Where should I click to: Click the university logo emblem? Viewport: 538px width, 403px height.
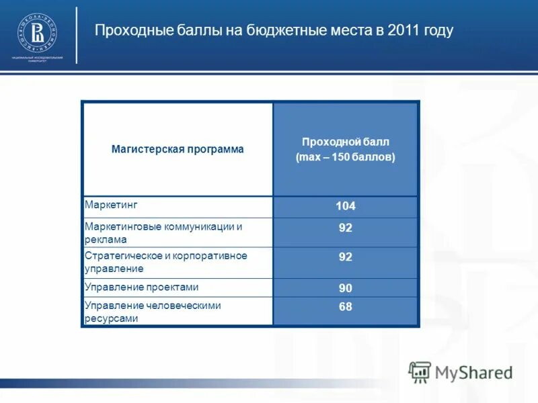coord(37,32)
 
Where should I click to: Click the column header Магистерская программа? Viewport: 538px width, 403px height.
coord(178,149)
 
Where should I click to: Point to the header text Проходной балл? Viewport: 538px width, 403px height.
coord(345,142)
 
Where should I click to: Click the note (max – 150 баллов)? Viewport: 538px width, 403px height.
coord(345,157)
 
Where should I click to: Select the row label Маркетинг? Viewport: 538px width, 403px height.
coord(105,204)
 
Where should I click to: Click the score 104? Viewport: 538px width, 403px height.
coord(345,206)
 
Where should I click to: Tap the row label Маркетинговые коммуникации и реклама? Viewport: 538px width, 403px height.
coord(163,232)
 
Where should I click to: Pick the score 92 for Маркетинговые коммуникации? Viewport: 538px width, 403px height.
coord(345,228)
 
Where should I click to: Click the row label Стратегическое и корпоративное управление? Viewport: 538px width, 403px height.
coord(165,262)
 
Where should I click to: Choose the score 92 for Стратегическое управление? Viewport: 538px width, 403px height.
coord(345,257)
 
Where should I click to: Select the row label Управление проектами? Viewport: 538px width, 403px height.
coord(141,287)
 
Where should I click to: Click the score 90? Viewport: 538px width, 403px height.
coord(345,288)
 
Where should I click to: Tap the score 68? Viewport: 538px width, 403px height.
coord(345,307)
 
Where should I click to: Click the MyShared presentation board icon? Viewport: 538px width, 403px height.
coord(420,372)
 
